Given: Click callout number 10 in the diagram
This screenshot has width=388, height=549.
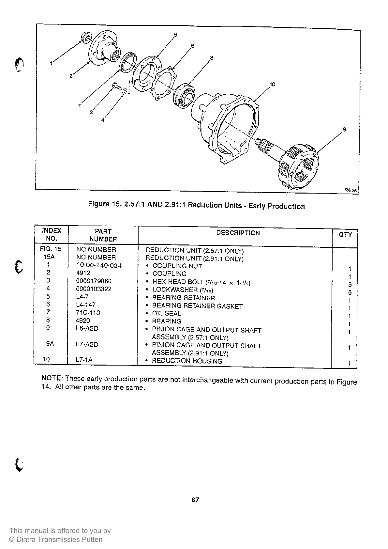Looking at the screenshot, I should [273, 84].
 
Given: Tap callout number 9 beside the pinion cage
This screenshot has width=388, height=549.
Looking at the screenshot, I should [344, 130].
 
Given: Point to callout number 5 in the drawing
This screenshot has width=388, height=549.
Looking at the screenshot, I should [175, 35].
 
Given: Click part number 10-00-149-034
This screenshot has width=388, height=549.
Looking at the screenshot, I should [99, 265].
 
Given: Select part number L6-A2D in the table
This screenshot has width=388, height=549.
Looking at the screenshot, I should [87, 328].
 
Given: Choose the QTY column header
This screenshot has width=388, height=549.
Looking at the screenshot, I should [345, 234].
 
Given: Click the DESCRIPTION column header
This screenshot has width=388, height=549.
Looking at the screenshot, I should [238, 233].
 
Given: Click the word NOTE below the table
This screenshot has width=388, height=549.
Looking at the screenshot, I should [52, 378].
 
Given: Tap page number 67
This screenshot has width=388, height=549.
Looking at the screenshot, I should [195, 500].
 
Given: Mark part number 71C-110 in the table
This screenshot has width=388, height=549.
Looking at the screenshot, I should [88, 312].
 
